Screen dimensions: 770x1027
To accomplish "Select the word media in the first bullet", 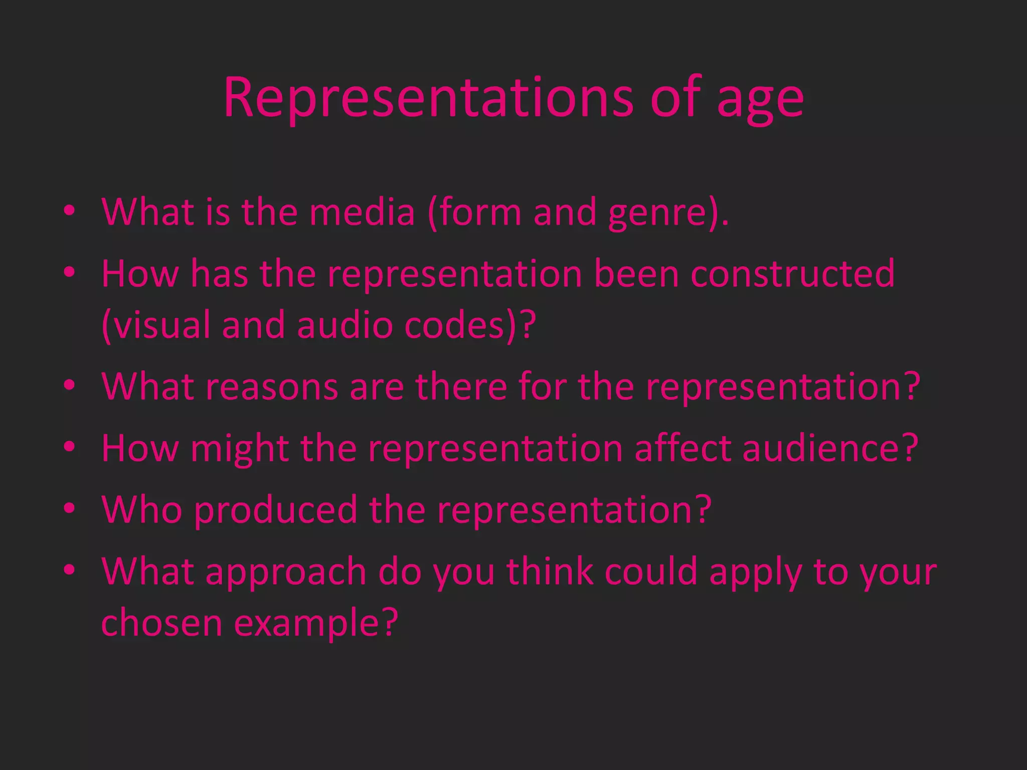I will pos(362,213).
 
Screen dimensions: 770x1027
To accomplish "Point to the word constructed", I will pos(792,274).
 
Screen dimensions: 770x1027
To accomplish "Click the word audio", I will pos(345,325).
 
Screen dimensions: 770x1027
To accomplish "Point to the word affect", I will pos(682,448).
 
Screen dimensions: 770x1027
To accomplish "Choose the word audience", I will pos(822,448).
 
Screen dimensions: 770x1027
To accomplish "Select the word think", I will pos(550,571).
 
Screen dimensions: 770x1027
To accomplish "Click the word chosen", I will pos(161,623).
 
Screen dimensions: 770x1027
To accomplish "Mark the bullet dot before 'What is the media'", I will pos(70,211).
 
